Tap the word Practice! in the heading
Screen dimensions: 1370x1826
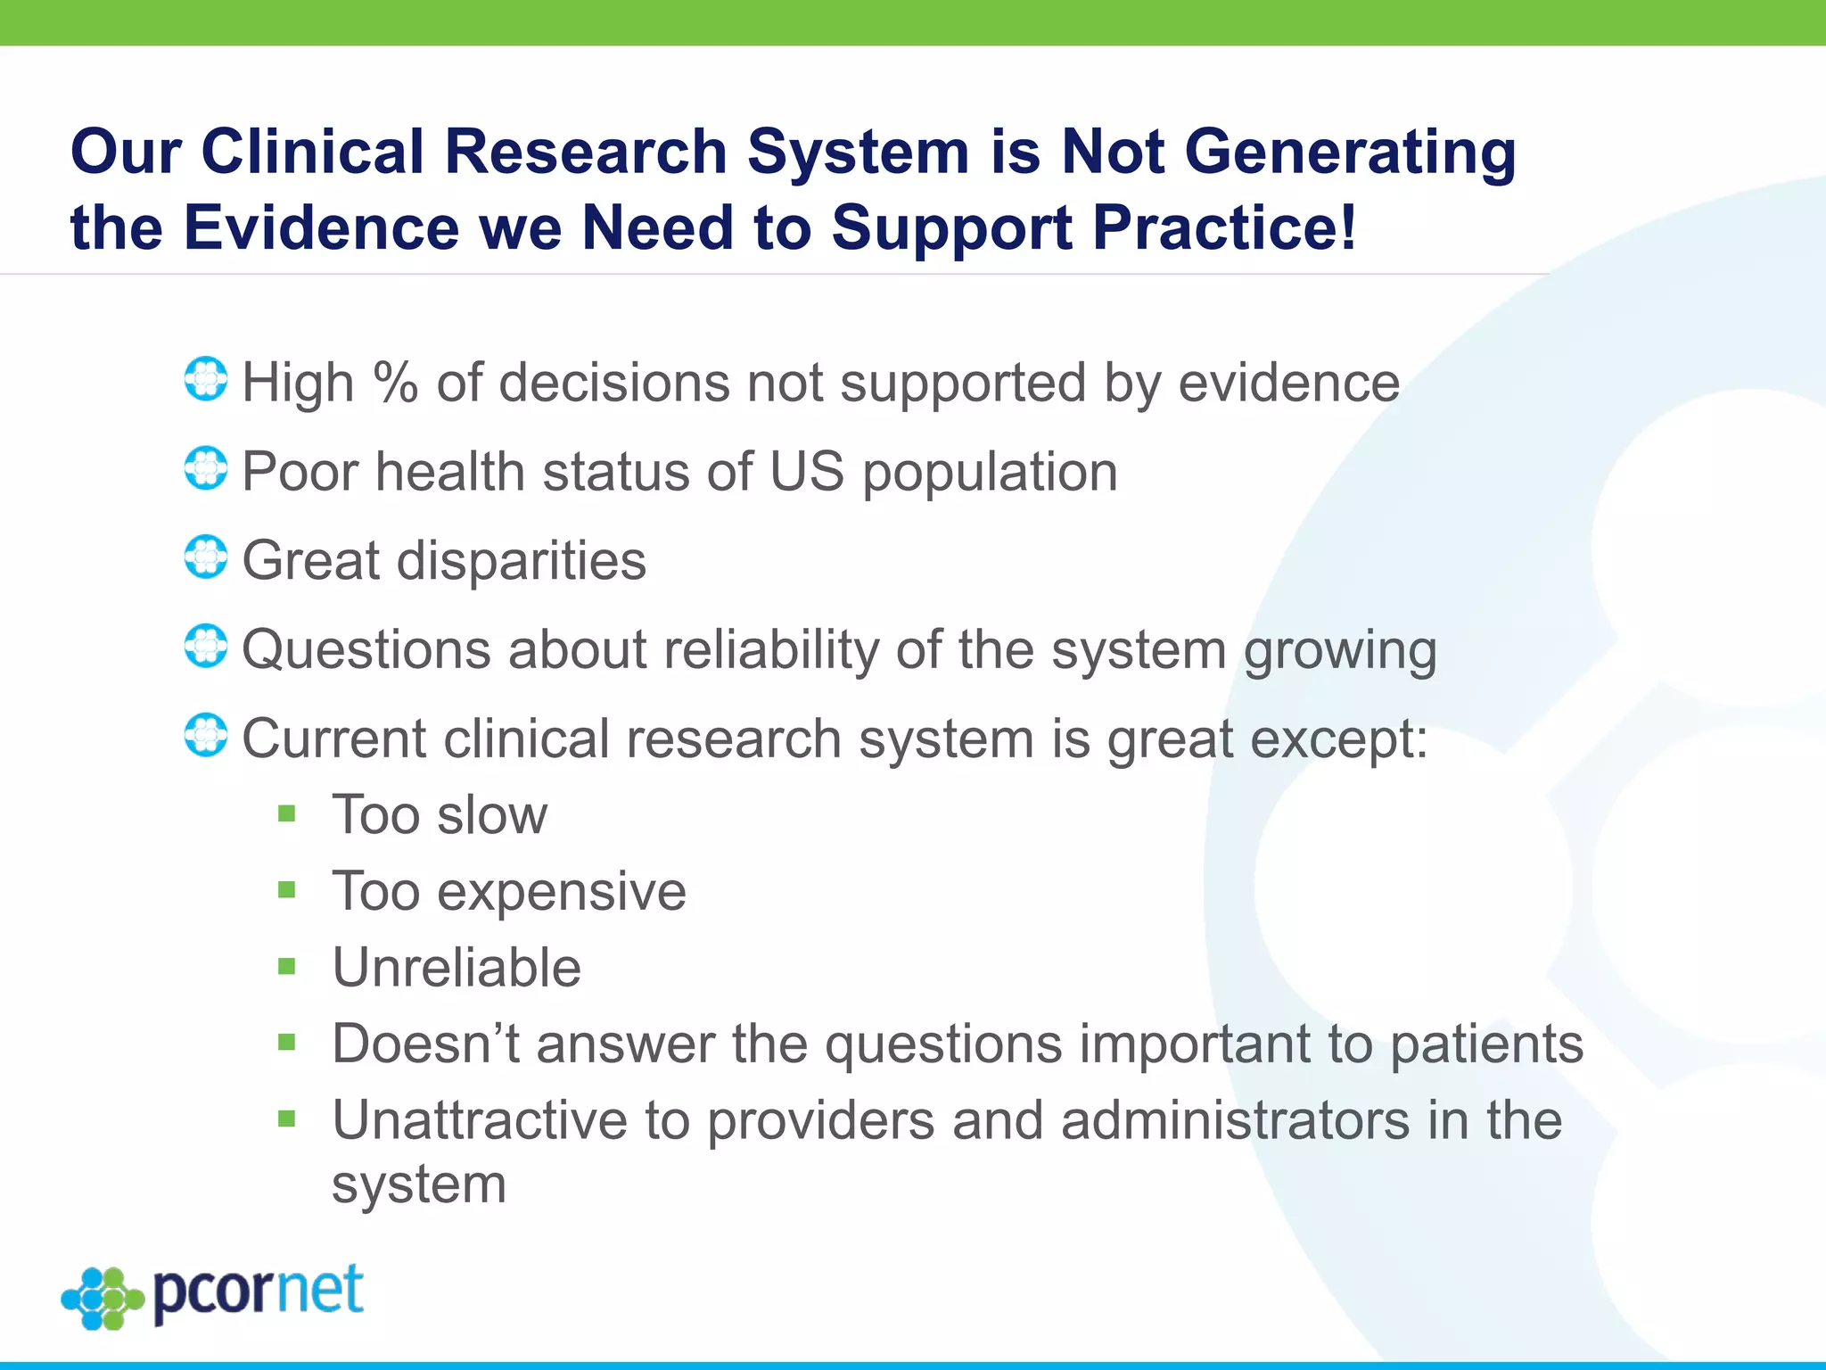pyautogui.click(x=1224, y=227)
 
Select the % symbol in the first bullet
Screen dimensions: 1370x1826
pyautogui.click(x=395, y=383)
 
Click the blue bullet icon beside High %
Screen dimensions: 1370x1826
pyautogui.click(x=206, y=379)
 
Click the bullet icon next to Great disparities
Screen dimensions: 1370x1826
pyautogui.click(x=206, y=557)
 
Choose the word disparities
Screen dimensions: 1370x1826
pyautogui.click(x=521, y=561)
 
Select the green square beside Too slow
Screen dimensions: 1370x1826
pyautogui.click(x=286, y=813)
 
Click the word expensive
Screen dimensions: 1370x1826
pyautogui.click(x=561, y=891)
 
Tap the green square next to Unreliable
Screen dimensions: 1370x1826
pyautogui.click(x=286, y=966)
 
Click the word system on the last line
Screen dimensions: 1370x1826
pyautogui.click(x=419, y=1185)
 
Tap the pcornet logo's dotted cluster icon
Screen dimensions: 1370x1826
pyautogui.click(x=103, y=1298)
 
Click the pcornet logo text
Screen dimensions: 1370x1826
pyautogui.click(x=259, y=1292)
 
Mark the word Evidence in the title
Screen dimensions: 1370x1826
pyautogui.click(x=321, y=227)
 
